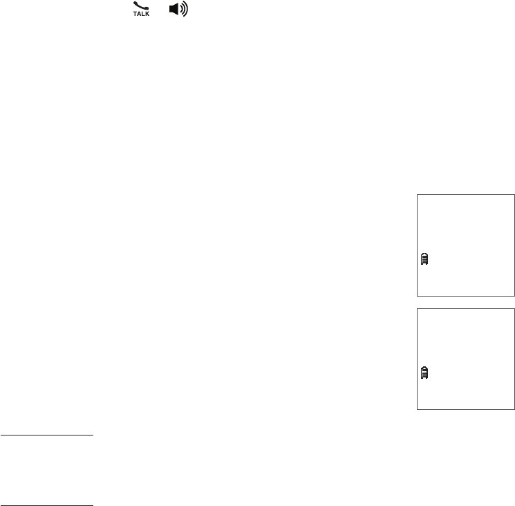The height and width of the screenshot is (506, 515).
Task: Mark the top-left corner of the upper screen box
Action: coord(417,195)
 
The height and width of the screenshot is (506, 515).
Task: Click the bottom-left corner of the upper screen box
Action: coord(417,296)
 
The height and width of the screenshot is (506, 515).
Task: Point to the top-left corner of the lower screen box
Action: coord(417,309)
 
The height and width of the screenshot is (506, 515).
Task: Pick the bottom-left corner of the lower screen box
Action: coord(417,410)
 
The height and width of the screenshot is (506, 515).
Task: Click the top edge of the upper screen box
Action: coord(465,195)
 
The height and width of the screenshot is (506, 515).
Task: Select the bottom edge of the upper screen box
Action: coord(465,296)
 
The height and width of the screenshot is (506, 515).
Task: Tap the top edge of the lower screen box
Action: coord(465,309)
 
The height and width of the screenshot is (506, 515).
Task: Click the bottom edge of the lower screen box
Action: coord(465,410)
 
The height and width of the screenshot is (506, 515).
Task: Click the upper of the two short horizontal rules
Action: coord(47,435)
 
